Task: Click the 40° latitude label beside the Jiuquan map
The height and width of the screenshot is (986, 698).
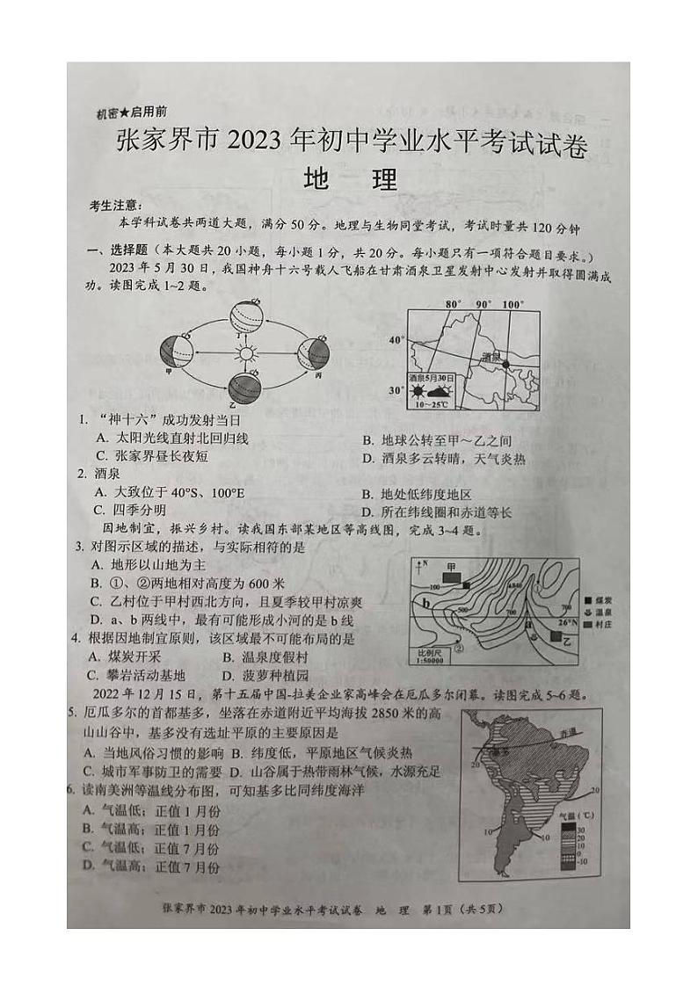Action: point(396,338)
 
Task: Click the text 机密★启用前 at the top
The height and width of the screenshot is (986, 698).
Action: point(133,112)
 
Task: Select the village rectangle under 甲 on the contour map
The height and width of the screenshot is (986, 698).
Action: point(452,578)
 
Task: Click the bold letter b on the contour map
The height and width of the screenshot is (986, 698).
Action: point(426,603)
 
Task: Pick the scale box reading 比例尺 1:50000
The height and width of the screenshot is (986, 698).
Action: point(430,656)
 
